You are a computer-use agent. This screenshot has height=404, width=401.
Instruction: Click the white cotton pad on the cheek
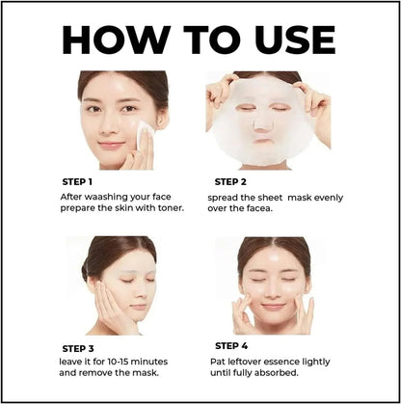pos(146,138)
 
